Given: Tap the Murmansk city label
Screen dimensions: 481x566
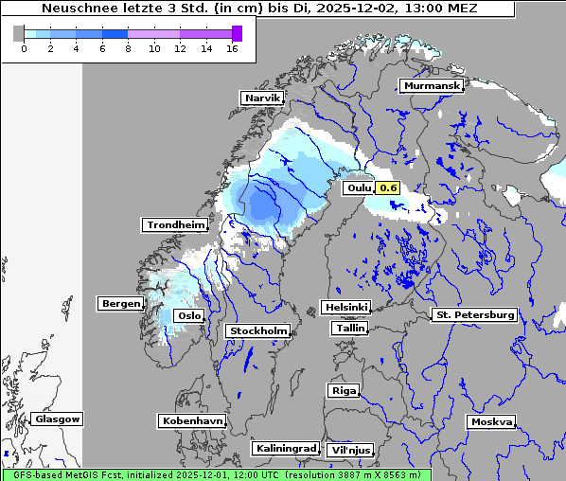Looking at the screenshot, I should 432,86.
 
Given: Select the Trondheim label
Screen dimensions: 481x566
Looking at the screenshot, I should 175,225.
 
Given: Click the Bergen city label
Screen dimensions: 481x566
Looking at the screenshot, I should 120,304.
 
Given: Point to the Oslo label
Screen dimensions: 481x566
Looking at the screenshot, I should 190,316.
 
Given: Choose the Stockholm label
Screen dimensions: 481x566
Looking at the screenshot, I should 257,331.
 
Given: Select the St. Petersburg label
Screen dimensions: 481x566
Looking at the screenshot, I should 473,314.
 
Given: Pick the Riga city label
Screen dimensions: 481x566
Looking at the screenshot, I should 343,391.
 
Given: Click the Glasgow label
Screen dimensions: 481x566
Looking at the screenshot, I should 57,419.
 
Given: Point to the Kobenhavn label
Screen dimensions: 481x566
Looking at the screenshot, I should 192,420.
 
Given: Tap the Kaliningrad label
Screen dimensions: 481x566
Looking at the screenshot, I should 285,449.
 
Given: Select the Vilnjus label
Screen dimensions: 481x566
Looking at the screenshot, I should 349,451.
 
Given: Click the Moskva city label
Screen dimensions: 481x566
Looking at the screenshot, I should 491,422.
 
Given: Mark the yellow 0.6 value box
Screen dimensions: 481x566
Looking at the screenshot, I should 388,187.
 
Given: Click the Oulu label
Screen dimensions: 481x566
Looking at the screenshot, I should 360,188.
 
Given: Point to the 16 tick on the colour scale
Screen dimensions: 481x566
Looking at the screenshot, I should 231,48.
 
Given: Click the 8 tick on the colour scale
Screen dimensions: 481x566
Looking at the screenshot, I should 128,48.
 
